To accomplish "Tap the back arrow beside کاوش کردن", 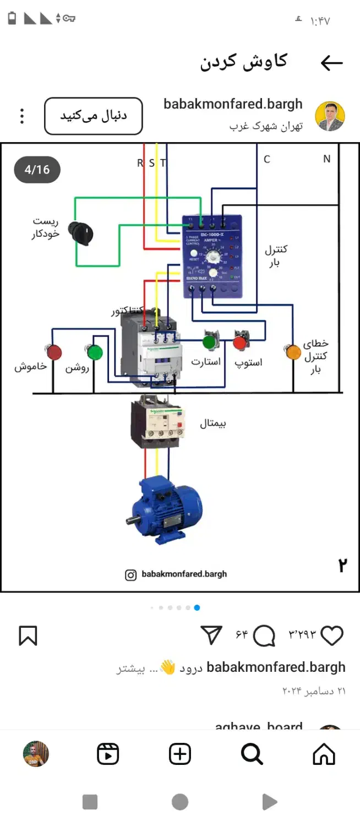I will pyautogui.click(x=331, y=63).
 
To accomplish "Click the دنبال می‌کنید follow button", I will pyautogui.click(x=94, y=116).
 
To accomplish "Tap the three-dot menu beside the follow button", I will pyautogui.click(x=22, y=116).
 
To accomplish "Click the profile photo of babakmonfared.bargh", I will pyautogui.click(x=330, y=116).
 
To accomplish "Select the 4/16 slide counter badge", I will pyautogui.click(x=37, y=170).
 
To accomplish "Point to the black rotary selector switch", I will pyautogui.click(x=81, y=232).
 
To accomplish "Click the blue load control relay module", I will pyautogui.click(x=212, y=256).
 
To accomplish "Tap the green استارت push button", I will pyautogui.click(x=209, y=341).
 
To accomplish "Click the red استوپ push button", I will pyautogui.click(x=240, y=341).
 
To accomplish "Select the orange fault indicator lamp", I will pyautogui.click(x=293, y=352).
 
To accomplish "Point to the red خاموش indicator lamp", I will pyautogui.click(x=54, y=352).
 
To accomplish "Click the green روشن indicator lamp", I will pyautogui.click(x=95, y=352).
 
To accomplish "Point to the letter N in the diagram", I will pyautogui.click(x=326, y=159).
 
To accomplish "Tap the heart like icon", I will pyautogui.click(x=332, y=635).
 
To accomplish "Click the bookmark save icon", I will pyautogui.click(x=28, y=635).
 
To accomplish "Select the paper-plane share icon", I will pyautogui.click(x=211, y=635).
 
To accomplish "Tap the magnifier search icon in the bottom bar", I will pyautogui.click(x=252, y=754).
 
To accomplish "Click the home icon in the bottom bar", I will pyautogui.click(x=324, y=754).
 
